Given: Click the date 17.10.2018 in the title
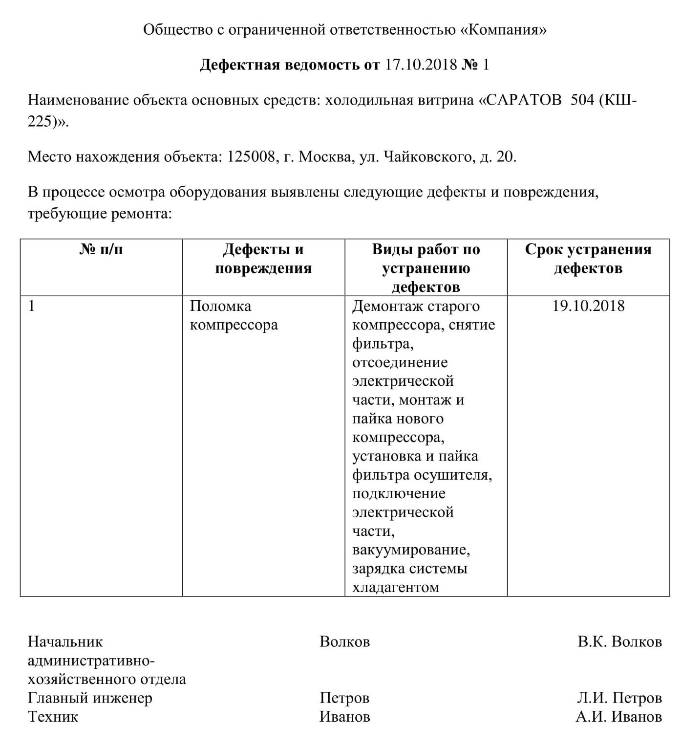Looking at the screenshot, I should point(421,65).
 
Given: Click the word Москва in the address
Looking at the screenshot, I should point(324,157).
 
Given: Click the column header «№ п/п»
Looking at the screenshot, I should point(101,250).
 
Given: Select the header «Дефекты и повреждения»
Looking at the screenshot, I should point(263,259).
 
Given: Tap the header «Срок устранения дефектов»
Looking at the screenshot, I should point(588,259).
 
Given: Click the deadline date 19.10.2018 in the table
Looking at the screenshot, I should point(588,307).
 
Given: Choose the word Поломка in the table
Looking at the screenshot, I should point(220,307).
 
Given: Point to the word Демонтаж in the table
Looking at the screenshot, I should point(387,307).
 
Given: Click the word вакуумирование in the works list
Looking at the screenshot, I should point(411,550).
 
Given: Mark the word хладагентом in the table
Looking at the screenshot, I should point(396,587).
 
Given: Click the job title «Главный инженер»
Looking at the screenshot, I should point(90,698).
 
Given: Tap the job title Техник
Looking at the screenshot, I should point(53,717).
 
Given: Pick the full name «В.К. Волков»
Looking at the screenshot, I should point(619,641).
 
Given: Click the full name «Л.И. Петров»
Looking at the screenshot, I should point(619,698).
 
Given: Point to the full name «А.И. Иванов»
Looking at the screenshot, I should point(618,717).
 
